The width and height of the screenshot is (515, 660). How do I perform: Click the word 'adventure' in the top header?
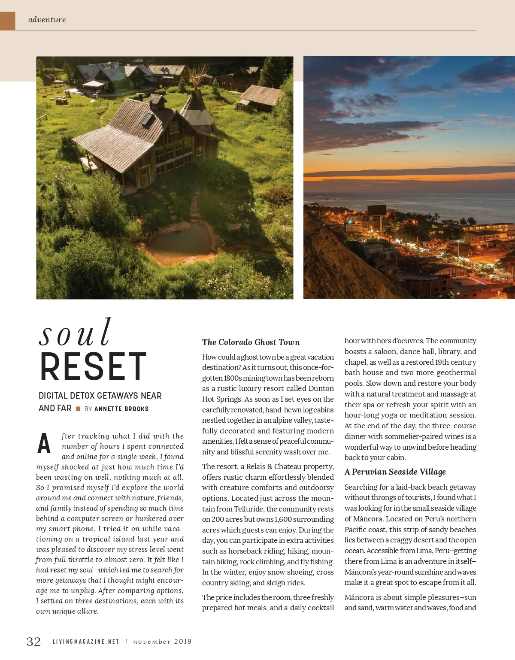point(47,20)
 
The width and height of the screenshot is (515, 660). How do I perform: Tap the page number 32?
point(34,642)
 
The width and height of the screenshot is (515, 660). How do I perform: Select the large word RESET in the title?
point(94,367)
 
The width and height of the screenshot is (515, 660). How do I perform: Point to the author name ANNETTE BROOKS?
point(121,409)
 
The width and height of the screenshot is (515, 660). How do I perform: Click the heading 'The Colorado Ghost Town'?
point(251,342)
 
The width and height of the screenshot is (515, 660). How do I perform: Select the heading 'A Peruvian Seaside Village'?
point(395,472)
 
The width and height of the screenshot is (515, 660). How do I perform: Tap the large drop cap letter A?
point(44,444)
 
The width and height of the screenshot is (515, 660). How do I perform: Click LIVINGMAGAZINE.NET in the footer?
point(86,642)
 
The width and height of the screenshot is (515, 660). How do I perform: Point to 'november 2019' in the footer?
point(162,642)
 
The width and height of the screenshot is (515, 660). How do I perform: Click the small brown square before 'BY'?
point(78,409)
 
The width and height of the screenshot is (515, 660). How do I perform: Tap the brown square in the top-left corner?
point(7,21)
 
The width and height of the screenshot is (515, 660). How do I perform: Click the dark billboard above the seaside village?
point(376,210)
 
